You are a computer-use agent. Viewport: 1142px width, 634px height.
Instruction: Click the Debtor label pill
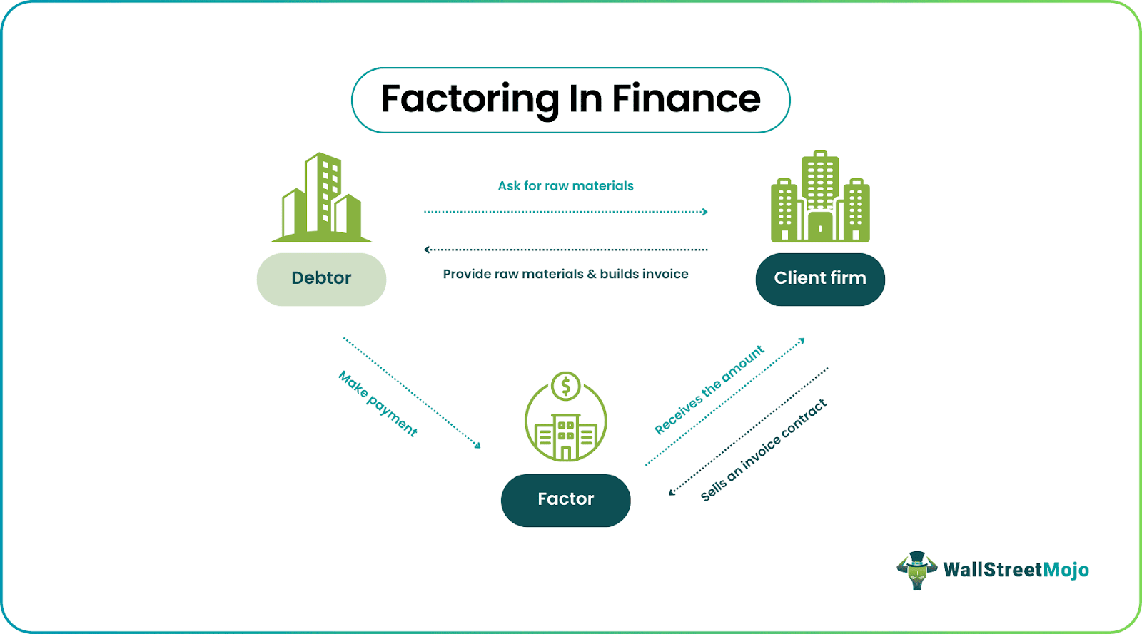click(321, 279)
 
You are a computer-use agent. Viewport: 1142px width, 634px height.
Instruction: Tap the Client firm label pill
click(820, 279)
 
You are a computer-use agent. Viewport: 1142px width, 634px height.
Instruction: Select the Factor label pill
click(565, 500)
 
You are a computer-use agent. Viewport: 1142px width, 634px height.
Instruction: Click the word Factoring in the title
click(470, 99)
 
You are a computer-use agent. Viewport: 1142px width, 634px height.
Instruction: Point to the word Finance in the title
click(686, 99)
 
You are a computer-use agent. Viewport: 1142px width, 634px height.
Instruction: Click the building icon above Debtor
click(321, 198)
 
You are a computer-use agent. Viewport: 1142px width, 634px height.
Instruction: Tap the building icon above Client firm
click(820, 197)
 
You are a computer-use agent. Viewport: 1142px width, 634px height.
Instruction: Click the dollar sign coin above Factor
click(566, 387)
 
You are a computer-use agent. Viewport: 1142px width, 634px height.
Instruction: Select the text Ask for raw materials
click(565, 186)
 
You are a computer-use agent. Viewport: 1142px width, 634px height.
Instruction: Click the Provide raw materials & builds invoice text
click(565, 274)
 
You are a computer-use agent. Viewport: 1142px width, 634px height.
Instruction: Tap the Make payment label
click(378, 404)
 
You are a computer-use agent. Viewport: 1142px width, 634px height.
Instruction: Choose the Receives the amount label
click(709, 390)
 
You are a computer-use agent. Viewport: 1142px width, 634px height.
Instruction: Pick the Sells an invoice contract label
click(763, 450)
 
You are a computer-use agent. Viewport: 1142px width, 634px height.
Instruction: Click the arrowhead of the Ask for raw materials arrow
click(705, 212)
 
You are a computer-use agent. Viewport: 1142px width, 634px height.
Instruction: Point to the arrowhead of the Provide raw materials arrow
click(427, 250)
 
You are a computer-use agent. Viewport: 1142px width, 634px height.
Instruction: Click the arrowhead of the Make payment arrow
click(478, 446)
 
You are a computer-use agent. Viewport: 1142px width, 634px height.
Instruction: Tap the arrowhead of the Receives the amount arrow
click(802, 340)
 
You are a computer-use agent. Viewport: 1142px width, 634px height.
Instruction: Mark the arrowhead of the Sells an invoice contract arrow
click(672, 491)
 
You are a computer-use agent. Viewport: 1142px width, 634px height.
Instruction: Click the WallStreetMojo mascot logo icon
click(917, 570)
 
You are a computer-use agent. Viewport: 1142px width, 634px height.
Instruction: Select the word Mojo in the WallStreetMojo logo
click(1066, 570)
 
